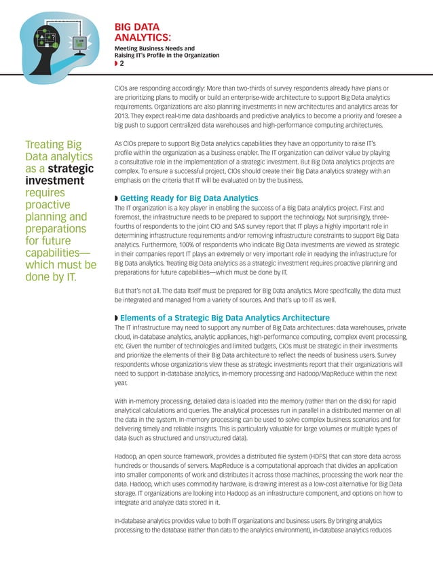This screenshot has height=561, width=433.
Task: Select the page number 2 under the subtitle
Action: [x=121, y=64]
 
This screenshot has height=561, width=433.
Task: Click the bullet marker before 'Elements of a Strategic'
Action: [x=116, y=319]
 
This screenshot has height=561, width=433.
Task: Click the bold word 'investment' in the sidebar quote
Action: [x=54, y=181]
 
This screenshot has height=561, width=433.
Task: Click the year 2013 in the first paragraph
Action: [x=123, y=115]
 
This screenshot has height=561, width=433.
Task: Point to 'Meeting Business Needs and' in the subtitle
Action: [x=154, y=49]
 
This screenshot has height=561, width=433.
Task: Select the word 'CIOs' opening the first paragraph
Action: [x=122, y=88]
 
